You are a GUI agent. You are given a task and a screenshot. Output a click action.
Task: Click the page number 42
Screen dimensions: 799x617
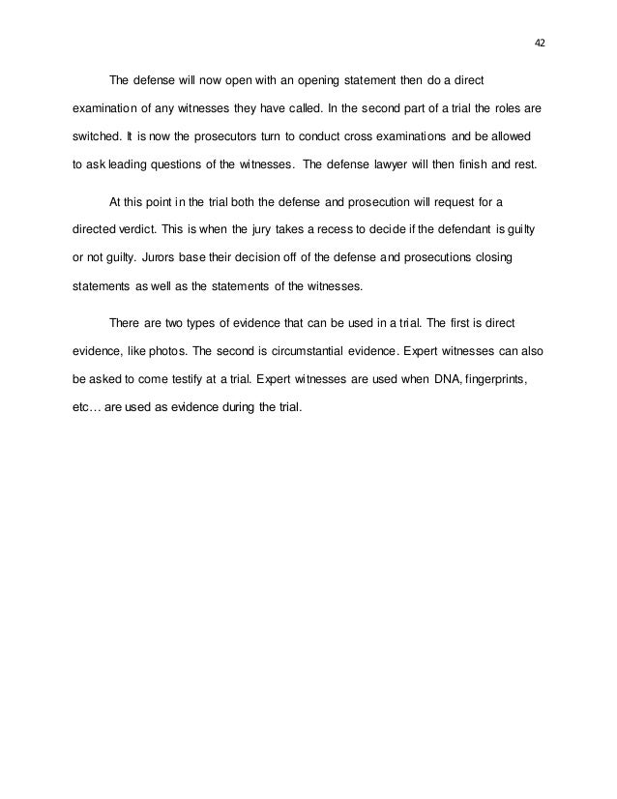pyautogui.click(x=539, y=43)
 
